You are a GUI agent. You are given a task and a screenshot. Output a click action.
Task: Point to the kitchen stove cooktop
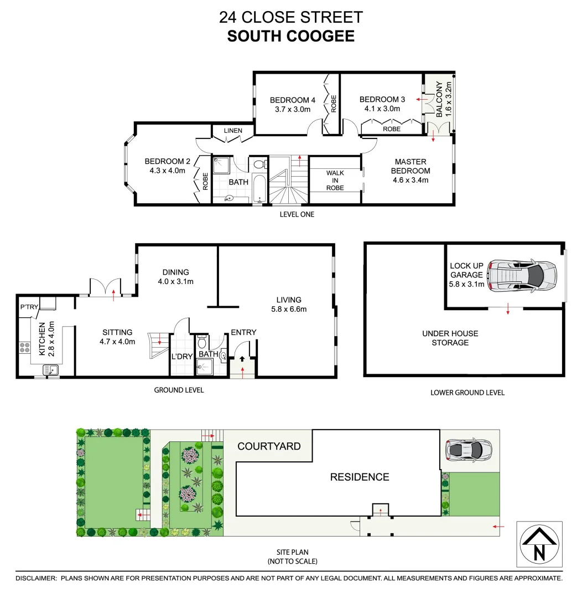point(25,348)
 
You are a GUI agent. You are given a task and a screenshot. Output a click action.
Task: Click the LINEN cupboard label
point(233,131)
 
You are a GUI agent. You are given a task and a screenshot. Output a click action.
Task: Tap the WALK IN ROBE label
point(335,181)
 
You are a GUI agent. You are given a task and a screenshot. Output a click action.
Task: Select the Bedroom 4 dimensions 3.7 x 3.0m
point(293,109)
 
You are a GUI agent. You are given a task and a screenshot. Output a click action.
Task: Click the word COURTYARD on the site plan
point(269,446)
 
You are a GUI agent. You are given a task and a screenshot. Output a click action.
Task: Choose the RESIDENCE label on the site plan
point(360,477)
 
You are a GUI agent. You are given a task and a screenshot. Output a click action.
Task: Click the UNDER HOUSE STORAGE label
point(450,338)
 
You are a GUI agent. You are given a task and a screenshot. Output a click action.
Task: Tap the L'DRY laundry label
point(181,357)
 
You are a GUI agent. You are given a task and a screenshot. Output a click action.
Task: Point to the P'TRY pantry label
point(28,307)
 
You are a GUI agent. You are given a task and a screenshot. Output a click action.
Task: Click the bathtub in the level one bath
point(259,189)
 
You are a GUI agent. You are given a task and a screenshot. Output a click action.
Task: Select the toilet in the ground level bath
point(202,343)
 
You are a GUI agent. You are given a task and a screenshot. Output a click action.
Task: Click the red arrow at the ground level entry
point(242,359)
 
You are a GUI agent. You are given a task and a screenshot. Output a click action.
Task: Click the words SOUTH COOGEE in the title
point(290,37)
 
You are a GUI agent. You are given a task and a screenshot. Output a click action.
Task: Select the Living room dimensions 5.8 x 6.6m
point(289,310)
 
